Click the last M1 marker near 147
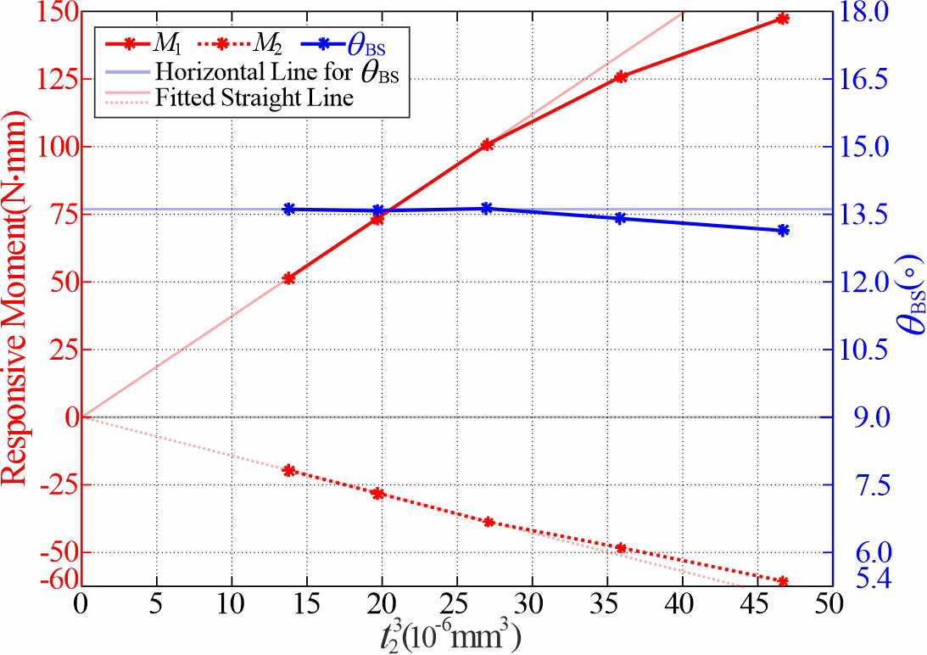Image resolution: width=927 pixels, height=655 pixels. click(x=782, y=19)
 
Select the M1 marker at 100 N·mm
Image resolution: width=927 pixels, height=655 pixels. click(x=487, y=145)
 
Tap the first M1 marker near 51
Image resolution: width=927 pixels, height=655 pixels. click(x=288, y=278)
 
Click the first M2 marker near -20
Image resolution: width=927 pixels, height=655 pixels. click(x=288, y=470)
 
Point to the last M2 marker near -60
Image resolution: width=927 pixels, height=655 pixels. click(x=782, y=581)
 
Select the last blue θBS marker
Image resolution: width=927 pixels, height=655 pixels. click(x=782, y=230)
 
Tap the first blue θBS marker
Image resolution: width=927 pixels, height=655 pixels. click(x=288, y=209)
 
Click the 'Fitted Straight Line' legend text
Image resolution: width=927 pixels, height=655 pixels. click(x=254, y=98)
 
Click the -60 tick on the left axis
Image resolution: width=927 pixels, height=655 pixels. click(x=52, y=580)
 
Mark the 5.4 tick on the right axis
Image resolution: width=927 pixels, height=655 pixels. click(x=858, y=580)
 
